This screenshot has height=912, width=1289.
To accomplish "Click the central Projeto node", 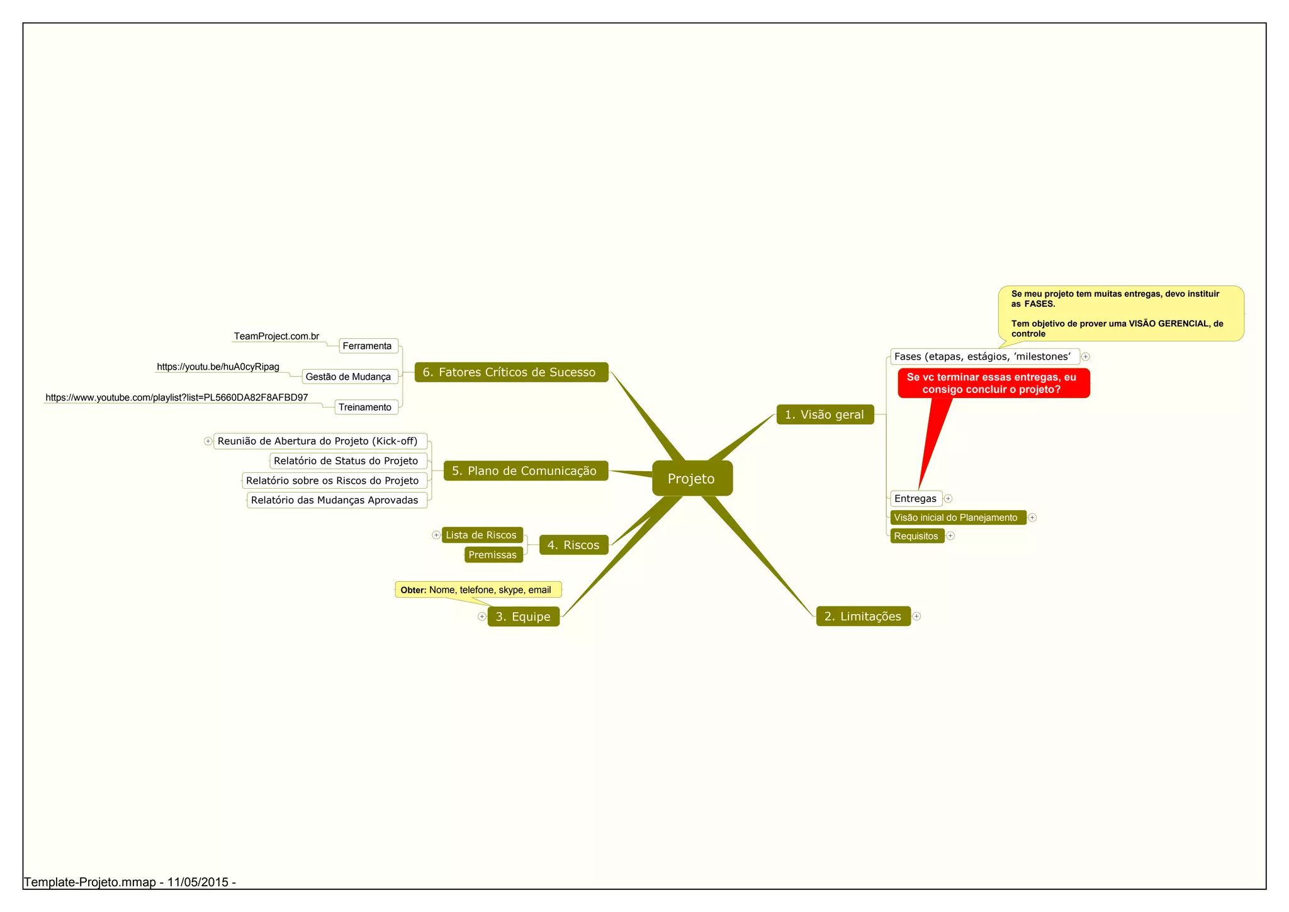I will pyautogui.click(x=692, y=479).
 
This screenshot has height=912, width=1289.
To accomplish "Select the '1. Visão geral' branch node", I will pyautogui.click(x=825, y=414).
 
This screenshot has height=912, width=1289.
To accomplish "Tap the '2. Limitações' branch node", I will pyautogui.click(x=863, y=616).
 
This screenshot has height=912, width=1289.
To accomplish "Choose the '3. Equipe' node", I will pyautogui.click(x=523, y=617).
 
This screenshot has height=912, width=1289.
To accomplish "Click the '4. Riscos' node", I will pyautogui.click(x=573, y=545).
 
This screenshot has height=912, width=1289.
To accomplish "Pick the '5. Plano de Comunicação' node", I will pyautogui.click(x=525, y=470).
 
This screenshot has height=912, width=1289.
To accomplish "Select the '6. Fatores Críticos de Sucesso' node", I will pyautogui.click(x=511, y=372).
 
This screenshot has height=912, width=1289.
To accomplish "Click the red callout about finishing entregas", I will pyautogui.click(x=993, y=384).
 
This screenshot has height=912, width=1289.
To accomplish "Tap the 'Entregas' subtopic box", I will pyautogui.click(x=916, y=499).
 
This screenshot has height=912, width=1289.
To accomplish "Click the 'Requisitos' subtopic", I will pyautogui.click(x=916, y=536).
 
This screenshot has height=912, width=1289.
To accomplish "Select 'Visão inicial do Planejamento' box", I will pyautogui.click(x=957, y=518).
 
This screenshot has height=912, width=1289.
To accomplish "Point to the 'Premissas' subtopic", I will pyautogui.click(x=493, y=555).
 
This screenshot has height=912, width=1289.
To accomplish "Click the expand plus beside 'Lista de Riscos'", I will pyautogui.click(x=436, y=535).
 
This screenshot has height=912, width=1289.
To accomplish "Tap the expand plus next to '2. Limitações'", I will pyautogui.click(x=917, y=617).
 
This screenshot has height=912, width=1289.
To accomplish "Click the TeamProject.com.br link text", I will pyautogui.click(x=276, y=336).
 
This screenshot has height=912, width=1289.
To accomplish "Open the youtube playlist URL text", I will pyautogui.click(x=177, y=397).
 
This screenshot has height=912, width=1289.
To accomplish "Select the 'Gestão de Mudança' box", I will pyautogui.click(x=349, y=377).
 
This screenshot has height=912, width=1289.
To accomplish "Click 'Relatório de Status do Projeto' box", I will pyautogui.click(x=347, y=461).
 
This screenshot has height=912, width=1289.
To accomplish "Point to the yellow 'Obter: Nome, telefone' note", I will pyautogui.click(x=478, y=590).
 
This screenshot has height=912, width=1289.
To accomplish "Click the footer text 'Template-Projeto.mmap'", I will pyautogui.click(x=91, y=882).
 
